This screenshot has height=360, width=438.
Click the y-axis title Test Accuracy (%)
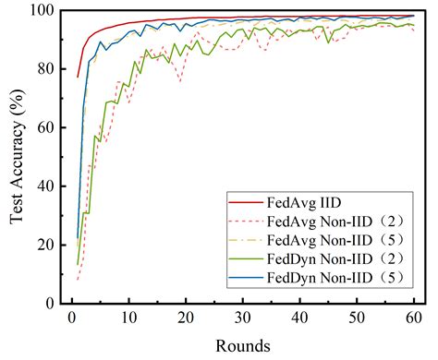click(x=16, y=155)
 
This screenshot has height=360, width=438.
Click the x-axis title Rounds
click(x=244, y=345)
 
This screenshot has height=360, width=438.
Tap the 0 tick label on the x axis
click(x=72, y=317)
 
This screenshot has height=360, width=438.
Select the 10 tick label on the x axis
click(x=129, y=317)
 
